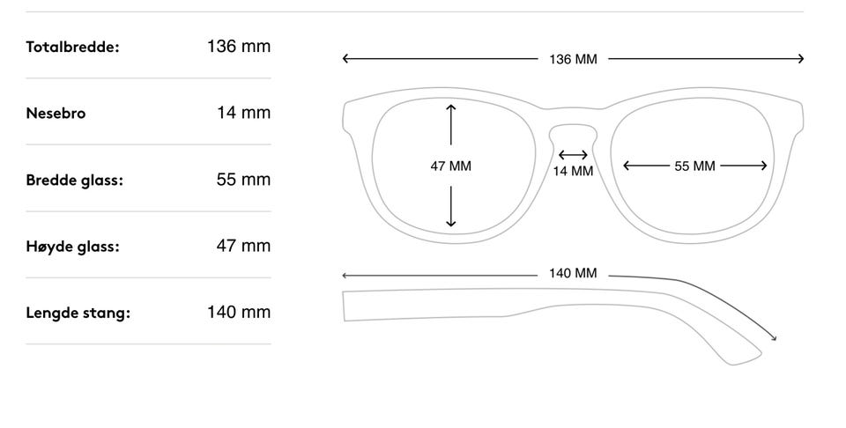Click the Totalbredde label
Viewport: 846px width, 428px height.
point(72,47)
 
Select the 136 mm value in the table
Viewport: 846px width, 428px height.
point(239,47)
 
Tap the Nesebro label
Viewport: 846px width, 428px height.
point(56,114)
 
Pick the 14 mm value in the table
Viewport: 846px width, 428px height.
point(243,113)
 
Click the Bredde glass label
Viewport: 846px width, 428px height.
point(74,180)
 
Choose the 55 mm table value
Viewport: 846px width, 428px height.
point(243,180)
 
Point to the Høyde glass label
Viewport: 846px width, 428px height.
point(72,247)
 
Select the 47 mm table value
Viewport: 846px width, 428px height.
point(243,246)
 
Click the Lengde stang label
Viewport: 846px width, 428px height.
point(78,314)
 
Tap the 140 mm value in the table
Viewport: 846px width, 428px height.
point(239,312)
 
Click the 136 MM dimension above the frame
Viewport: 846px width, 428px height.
point(573,59)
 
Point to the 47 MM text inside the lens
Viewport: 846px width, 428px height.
point(450,166)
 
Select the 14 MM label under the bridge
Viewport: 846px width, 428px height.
point(573,171)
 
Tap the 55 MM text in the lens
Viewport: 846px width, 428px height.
point(695,166)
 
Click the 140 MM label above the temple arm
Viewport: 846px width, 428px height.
point(573,273)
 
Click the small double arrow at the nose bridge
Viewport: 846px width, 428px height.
point(573,155)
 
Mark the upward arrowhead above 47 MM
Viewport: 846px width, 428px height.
point(451,107)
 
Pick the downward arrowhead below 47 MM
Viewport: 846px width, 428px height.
point(451,223)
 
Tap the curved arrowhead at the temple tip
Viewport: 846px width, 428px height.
point(775,338)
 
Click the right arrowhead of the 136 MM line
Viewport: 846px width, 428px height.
point(801,59)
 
